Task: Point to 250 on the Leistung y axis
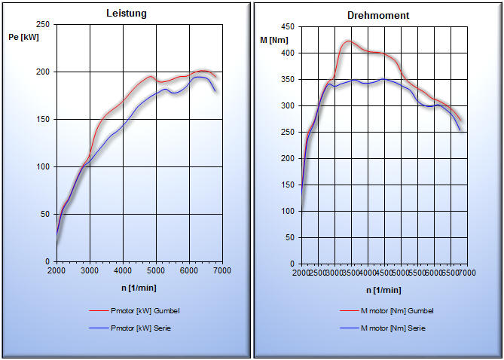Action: tap(42, 25)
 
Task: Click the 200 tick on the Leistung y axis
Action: tap(42, 72)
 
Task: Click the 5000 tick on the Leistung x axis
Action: tap(155, 270)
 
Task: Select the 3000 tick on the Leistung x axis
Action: tap(90, 270)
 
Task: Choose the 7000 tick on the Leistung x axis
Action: tap(221, 270)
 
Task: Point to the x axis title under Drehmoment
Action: tap(383, 290)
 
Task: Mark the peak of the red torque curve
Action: tap(348, 41)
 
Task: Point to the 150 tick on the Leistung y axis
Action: tap(42, 120)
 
